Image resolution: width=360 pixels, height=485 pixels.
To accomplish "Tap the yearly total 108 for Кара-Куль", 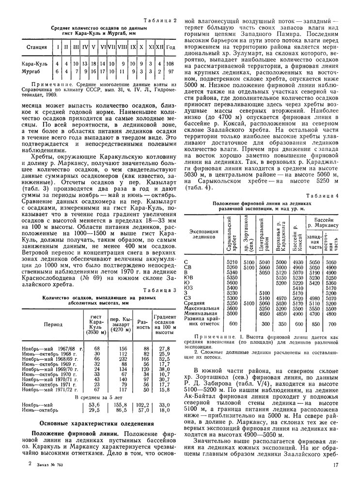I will point(170,64).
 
